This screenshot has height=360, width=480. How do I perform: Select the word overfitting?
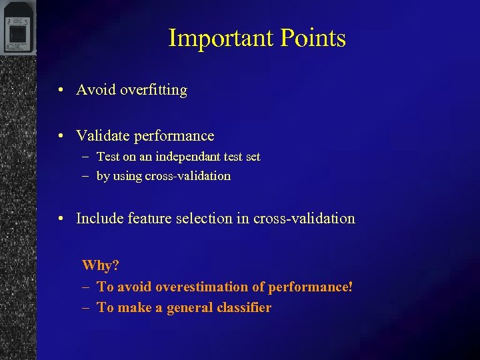tap(153, 90)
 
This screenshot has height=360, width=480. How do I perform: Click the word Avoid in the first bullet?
tap(96, 90)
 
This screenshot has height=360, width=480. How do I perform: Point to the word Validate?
tap(103, 136)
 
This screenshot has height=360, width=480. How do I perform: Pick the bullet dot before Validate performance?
tap(61, 137)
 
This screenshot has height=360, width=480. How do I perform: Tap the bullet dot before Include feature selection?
tap(61, 219)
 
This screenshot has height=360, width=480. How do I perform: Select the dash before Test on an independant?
tap(85, 157)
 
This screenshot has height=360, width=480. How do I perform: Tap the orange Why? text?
tap(100, 265)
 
